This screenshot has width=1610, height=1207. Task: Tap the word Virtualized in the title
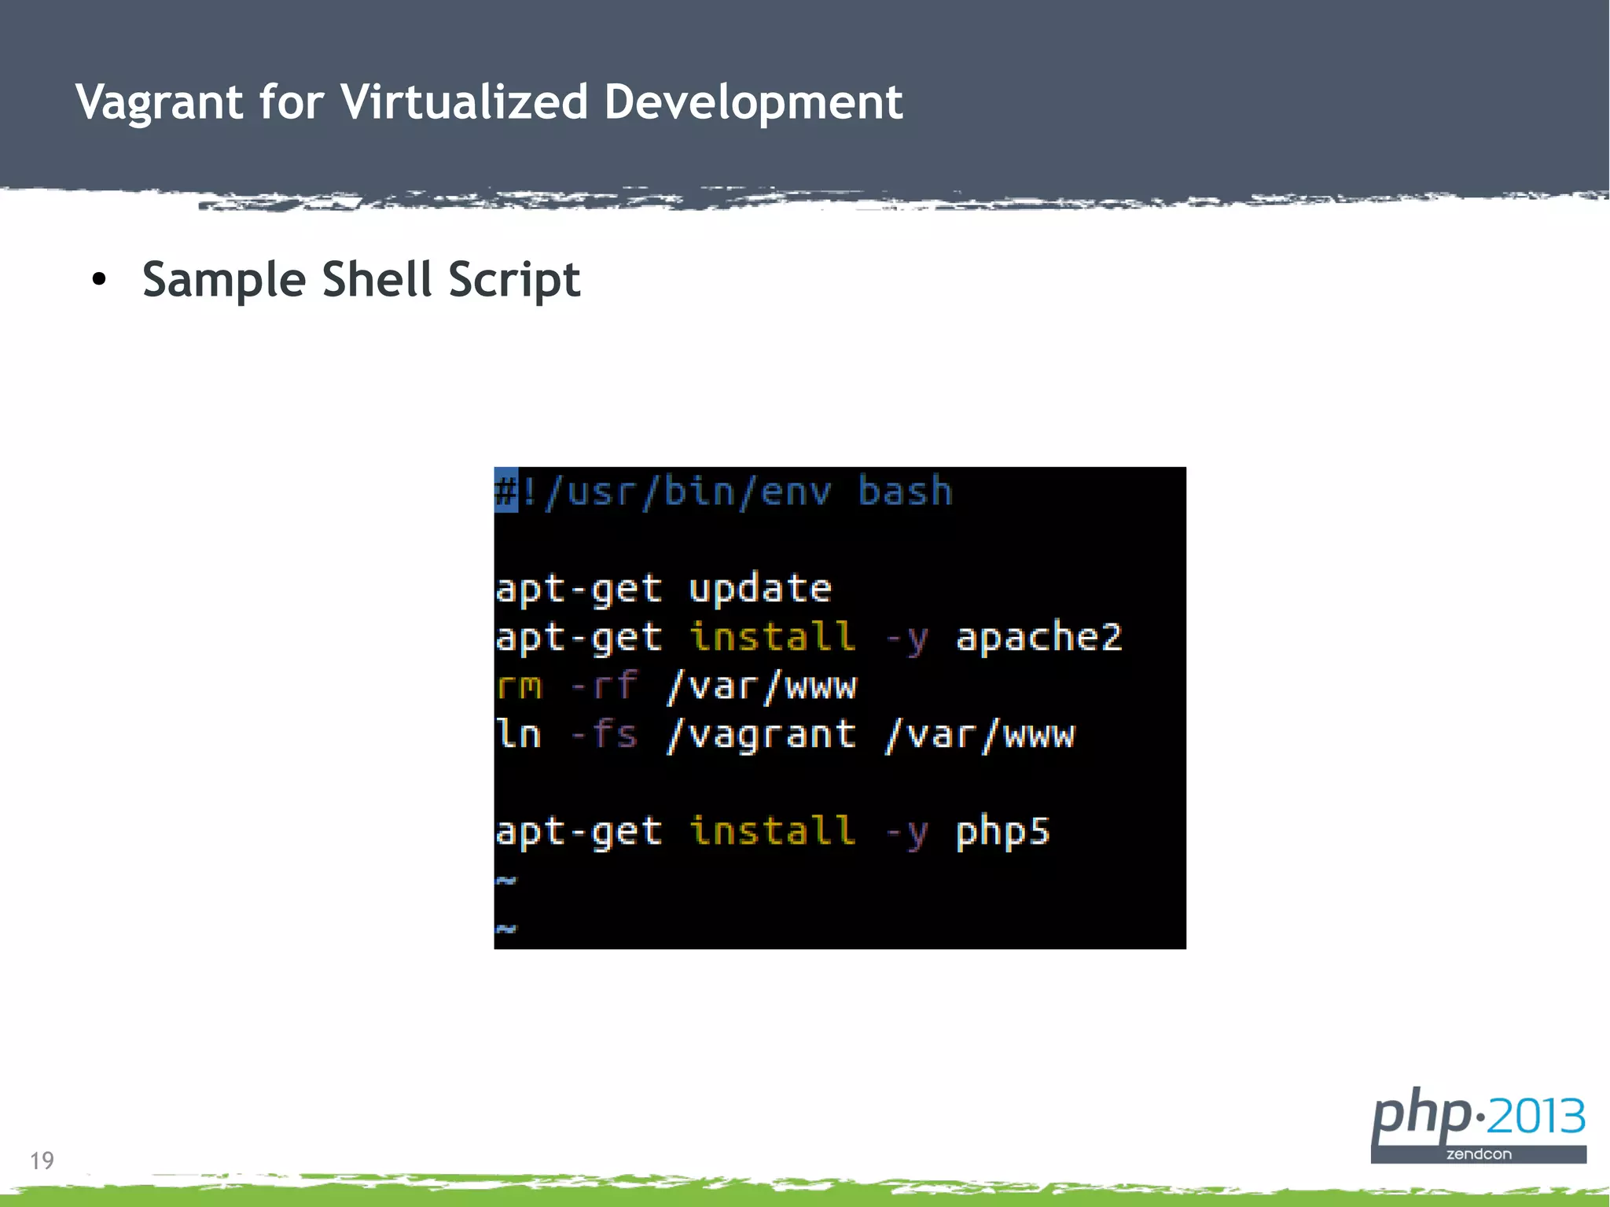pyautogui.click(x=464, y=101)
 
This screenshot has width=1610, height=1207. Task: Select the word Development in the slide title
pyautogui.click(x=753, y=103)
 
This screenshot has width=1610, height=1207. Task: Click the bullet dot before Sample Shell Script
pyautogui.click(x=98, y=280)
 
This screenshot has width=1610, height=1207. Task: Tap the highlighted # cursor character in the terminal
pyautogui.click(x=505, y=490)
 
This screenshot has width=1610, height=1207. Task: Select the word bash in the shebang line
pyautogui.click(x=904, y=491)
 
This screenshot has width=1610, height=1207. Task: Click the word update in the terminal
pyautogui.click(x=759, y=588)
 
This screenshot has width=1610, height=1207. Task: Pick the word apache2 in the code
pyautogui.click(x=1038, y=637)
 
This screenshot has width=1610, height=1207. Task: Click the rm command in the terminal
pyautogui.click(x=519, y=686)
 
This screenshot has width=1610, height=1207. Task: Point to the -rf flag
pyautogui.click(x=604, y=686)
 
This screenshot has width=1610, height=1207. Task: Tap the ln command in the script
pyautogui.click(x=518, y=734)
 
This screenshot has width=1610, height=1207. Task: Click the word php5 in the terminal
pyautogui.click(x=1002, y=832)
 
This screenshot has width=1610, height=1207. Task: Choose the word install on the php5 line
pyautogui.click(x=772, y=831)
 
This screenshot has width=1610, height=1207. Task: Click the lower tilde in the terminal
pyautogui.click(x=505, y=929)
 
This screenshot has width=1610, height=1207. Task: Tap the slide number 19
pyautogui.click(x=42, y=1161)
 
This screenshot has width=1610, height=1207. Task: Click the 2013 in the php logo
pyautogui.click(x=1536, y=1117)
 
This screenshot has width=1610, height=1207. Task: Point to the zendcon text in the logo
pyautogui.click(x=1478, y=1154)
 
